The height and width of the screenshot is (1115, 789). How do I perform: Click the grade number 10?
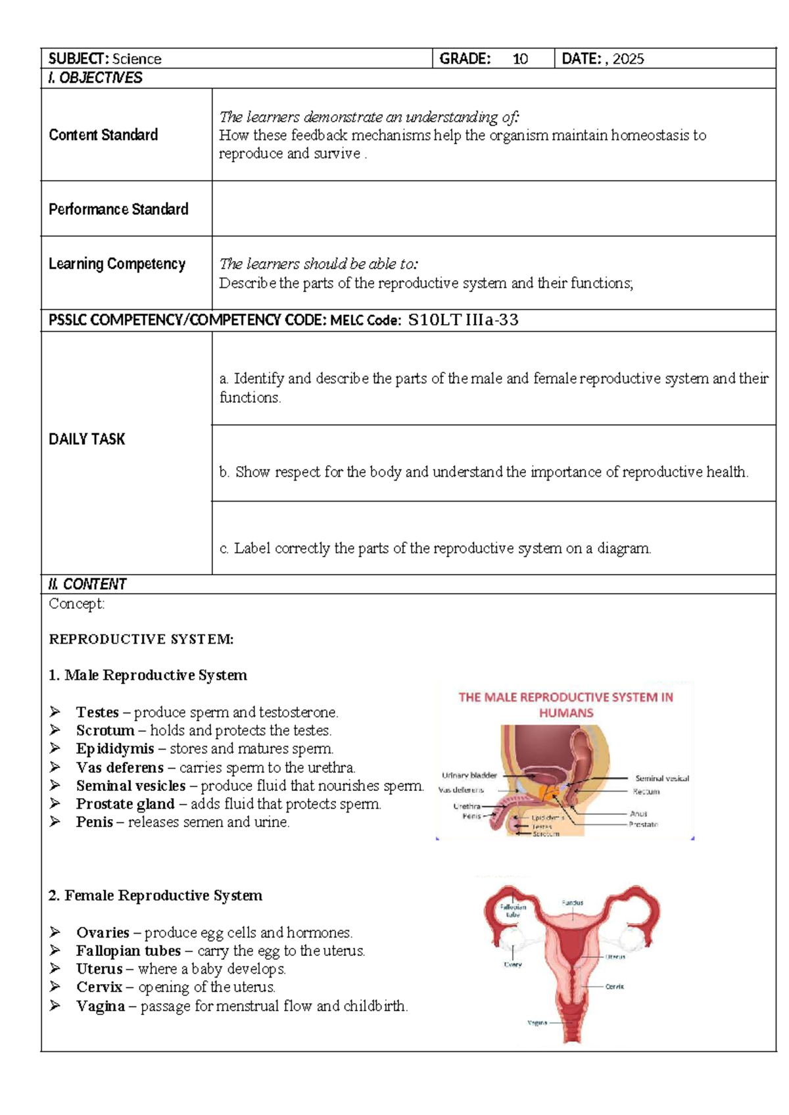point(520,59)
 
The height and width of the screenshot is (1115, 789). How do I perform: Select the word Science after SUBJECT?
point(137,59)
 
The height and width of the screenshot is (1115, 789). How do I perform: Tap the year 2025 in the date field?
point(628,59)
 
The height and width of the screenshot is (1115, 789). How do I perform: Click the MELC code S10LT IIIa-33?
point(463,320)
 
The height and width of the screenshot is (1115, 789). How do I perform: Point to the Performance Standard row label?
point(118,209)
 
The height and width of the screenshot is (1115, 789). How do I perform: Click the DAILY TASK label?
point(87,439)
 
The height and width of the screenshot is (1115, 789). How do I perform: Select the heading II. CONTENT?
point(87,584)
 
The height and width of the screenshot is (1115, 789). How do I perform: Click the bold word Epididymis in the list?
point(114,749)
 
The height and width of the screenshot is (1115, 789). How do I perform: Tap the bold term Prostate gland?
point(125,804)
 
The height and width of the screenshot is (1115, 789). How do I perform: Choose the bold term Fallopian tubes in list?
point(128,951)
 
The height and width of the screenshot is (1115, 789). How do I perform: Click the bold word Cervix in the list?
point(99,987)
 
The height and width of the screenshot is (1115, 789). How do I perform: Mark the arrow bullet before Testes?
point(55,712)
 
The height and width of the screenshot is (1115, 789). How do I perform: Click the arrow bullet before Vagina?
point(55,1006)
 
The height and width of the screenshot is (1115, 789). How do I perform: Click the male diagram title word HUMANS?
point(565,713)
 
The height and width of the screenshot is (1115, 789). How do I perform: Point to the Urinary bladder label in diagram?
point(469,776)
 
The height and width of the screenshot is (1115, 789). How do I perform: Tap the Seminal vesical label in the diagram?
point(661,778)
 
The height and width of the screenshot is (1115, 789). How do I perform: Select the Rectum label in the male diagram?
point(646,792)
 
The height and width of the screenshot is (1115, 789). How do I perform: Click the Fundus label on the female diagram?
point(572,903)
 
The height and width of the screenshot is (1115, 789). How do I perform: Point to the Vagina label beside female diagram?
point(537,1023)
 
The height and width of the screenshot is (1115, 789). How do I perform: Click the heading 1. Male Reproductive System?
point(148,675)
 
